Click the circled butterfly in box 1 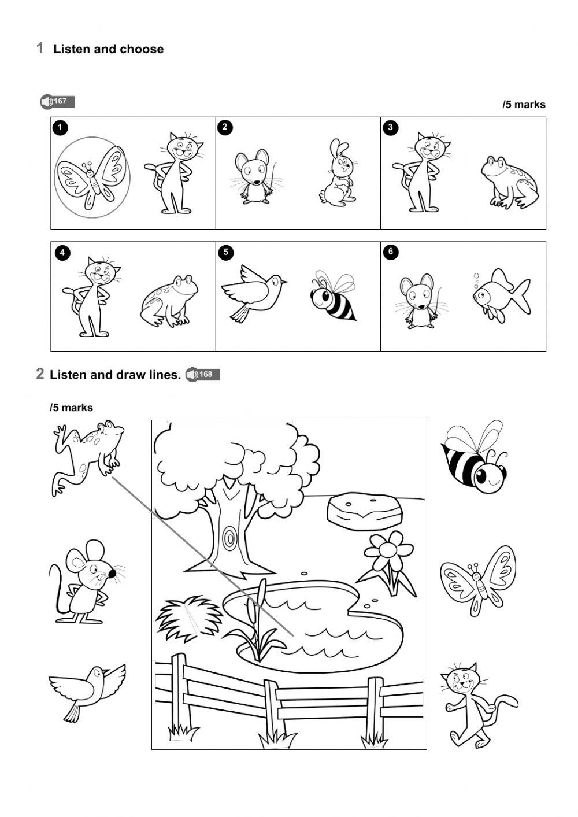(91, 177)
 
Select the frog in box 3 (510, 182)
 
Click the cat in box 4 (93, 296)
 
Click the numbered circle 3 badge (391, 128)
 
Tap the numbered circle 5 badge (226, 252)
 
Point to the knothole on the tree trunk (230, 539)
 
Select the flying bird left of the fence (86, 690)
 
